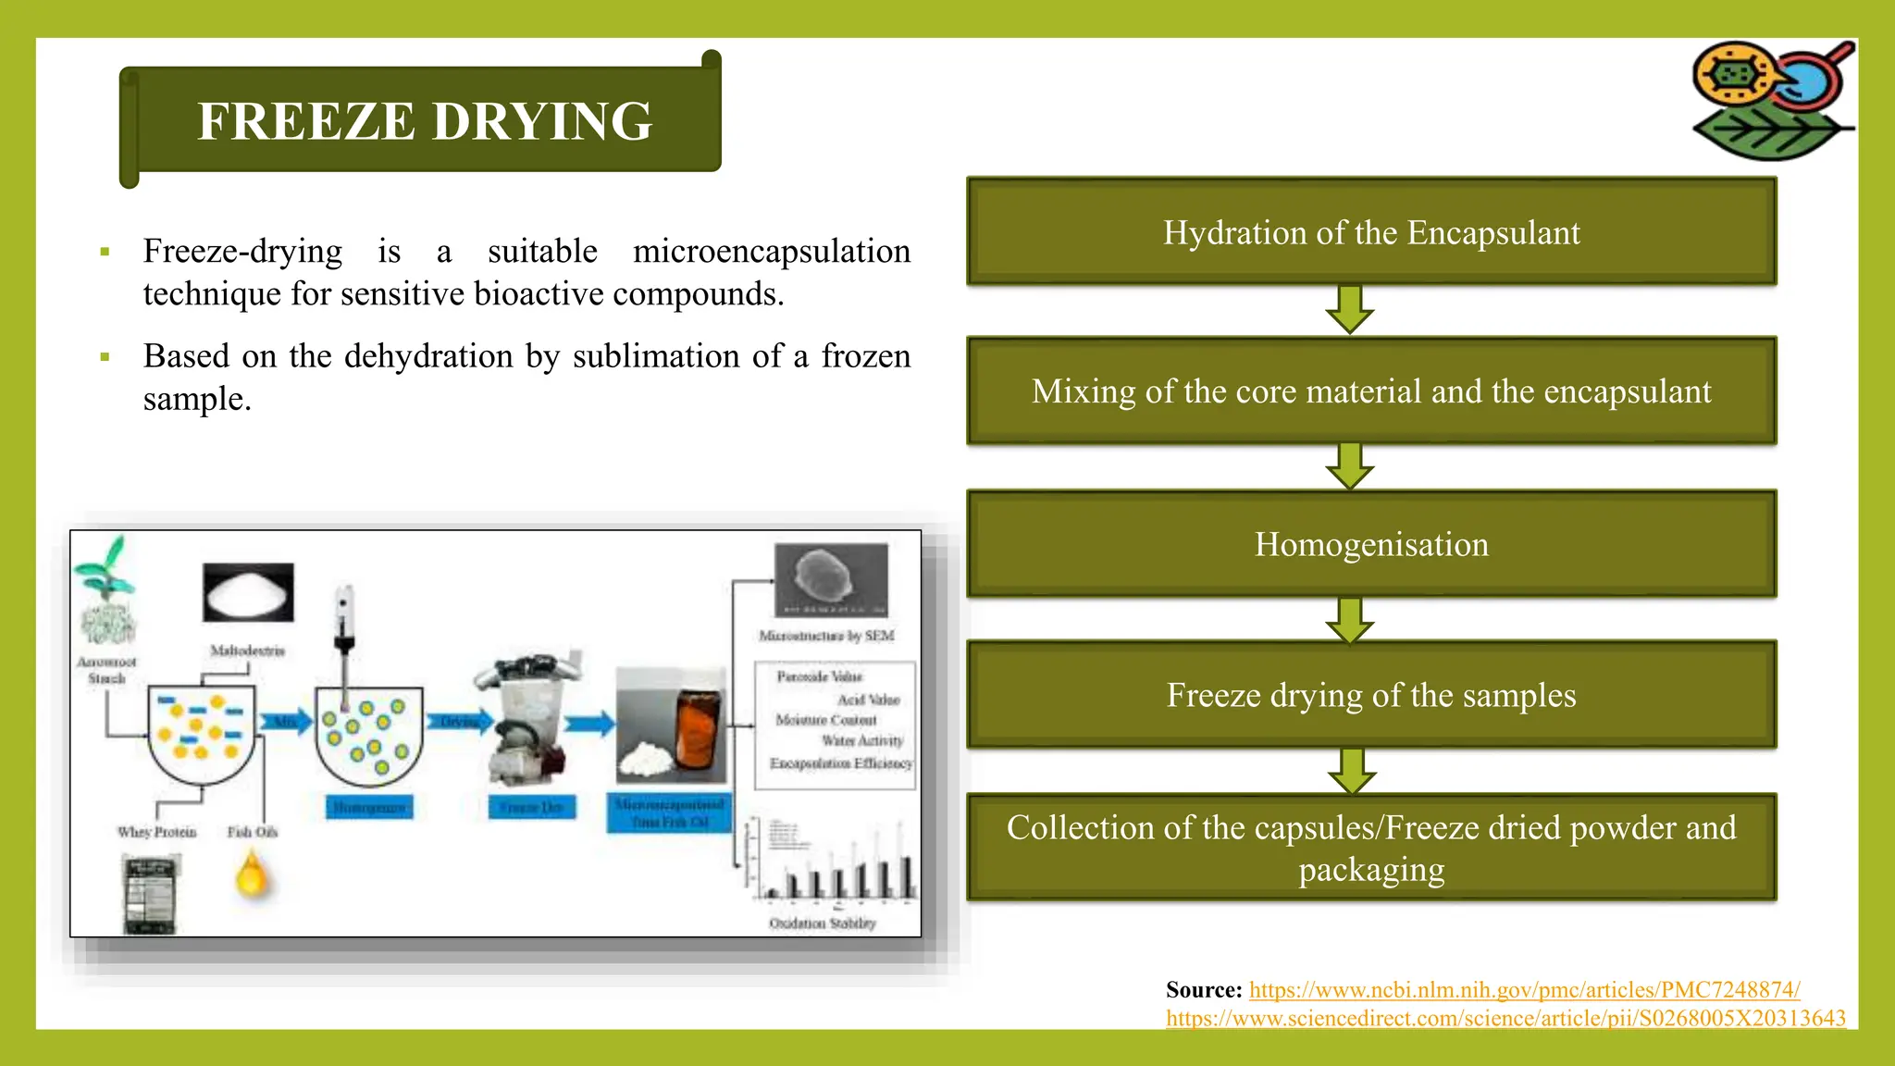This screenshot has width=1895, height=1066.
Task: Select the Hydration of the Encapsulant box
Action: tap(1370, 231)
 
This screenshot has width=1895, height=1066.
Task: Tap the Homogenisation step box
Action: tap(1370, 544)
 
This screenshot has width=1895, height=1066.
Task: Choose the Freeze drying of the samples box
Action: tap(1370, 695)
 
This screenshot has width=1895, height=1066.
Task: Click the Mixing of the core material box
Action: tap(1370, 391)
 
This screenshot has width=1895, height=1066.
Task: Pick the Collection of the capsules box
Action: tap(1370, 847)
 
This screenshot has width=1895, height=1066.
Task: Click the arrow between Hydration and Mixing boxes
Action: tap(1350, 309)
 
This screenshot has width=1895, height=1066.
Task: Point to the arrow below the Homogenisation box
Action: tap(1350, 620)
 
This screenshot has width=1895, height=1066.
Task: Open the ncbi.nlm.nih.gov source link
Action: tap(1524, 990)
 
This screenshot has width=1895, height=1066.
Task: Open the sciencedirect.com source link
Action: tap(1505, 1019)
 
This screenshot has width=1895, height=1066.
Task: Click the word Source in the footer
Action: tap(1203, 990)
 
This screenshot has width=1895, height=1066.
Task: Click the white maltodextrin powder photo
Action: tap(248, 592)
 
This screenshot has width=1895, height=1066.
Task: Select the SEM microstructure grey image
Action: tap(830, 580)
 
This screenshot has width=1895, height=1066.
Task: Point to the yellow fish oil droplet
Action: tap(252, 874)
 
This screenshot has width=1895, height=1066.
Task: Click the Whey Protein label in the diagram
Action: tap(157, 832)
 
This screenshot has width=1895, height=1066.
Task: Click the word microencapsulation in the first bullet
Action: tap(771, 251)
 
